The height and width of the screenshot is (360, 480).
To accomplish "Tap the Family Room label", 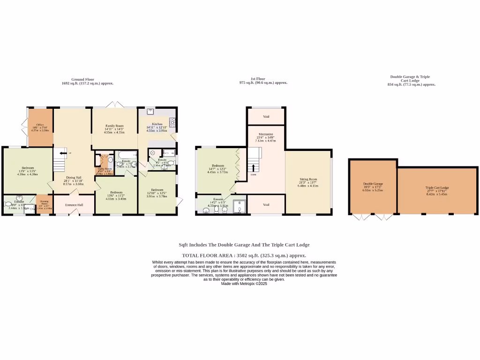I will (x=114, y=126).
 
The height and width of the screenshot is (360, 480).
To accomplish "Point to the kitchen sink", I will (x=150, y=112).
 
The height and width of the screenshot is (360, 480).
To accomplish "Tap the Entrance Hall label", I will (x=74, y=205).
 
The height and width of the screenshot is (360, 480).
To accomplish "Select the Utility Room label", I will (x=104, y=169).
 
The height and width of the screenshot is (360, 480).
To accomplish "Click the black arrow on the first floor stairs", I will (x=254, y=167).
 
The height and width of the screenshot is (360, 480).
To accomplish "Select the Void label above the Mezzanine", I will (x=266, y=116).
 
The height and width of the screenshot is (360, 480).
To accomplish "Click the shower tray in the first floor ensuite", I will (x=239, y=206).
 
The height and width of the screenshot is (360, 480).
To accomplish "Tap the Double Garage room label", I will (x=373, y=184).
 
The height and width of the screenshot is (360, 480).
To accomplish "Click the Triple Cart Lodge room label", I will (x=437, y=187).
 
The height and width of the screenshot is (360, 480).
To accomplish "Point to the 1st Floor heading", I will (x=258, y=79).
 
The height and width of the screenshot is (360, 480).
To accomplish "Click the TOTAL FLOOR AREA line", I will (x=244, y=255).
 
